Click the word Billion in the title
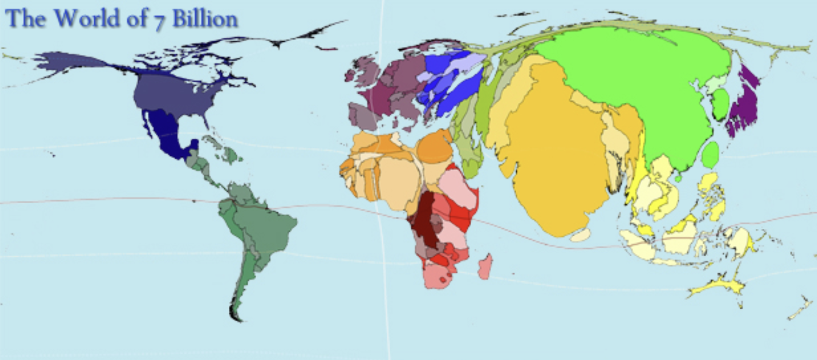pos(205,19)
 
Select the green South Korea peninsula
pos(721,104)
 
